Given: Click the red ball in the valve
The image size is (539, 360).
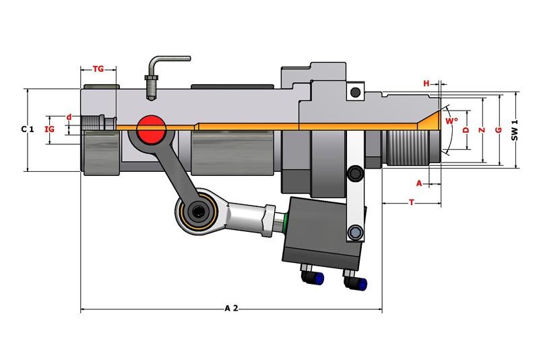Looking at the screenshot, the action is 151,129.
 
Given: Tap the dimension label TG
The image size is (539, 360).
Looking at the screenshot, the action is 98,69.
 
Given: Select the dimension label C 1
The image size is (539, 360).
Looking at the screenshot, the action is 28,129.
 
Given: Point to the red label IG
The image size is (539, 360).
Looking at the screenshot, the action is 50,129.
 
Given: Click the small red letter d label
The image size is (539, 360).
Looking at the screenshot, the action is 69,117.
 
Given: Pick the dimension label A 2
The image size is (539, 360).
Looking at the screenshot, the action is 231,308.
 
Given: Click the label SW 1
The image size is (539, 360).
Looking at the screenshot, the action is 514,130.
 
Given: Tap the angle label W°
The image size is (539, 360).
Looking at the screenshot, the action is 451,121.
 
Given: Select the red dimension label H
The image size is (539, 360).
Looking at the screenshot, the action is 426,84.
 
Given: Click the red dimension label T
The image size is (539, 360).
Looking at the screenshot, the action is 412,203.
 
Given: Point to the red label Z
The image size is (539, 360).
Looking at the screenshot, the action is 482,130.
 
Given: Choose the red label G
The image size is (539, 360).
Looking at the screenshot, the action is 499,130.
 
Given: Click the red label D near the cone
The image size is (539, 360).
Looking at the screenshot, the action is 466,130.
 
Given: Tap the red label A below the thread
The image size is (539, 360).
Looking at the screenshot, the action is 419,183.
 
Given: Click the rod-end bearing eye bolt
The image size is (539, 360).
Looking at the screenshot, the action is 197,211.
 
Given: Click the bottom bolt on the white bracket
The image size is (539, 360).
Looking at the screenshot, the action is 355,233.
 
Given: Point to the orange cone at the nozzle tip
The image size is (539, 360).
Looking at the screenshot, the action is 431,121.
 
